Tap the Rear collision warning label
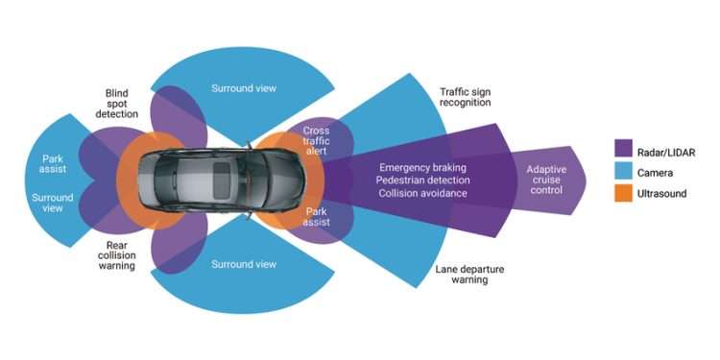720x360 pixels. [115, 254]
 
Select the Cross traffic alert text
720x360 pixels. [316, 139]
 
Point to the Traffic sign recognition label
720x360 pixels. [465, 96]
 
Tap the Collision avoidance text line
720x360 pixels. [422, 193]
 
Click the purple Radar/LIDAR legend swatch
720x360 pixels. [621, 148]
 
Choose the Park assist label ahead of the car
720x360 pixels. [317, 216]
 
